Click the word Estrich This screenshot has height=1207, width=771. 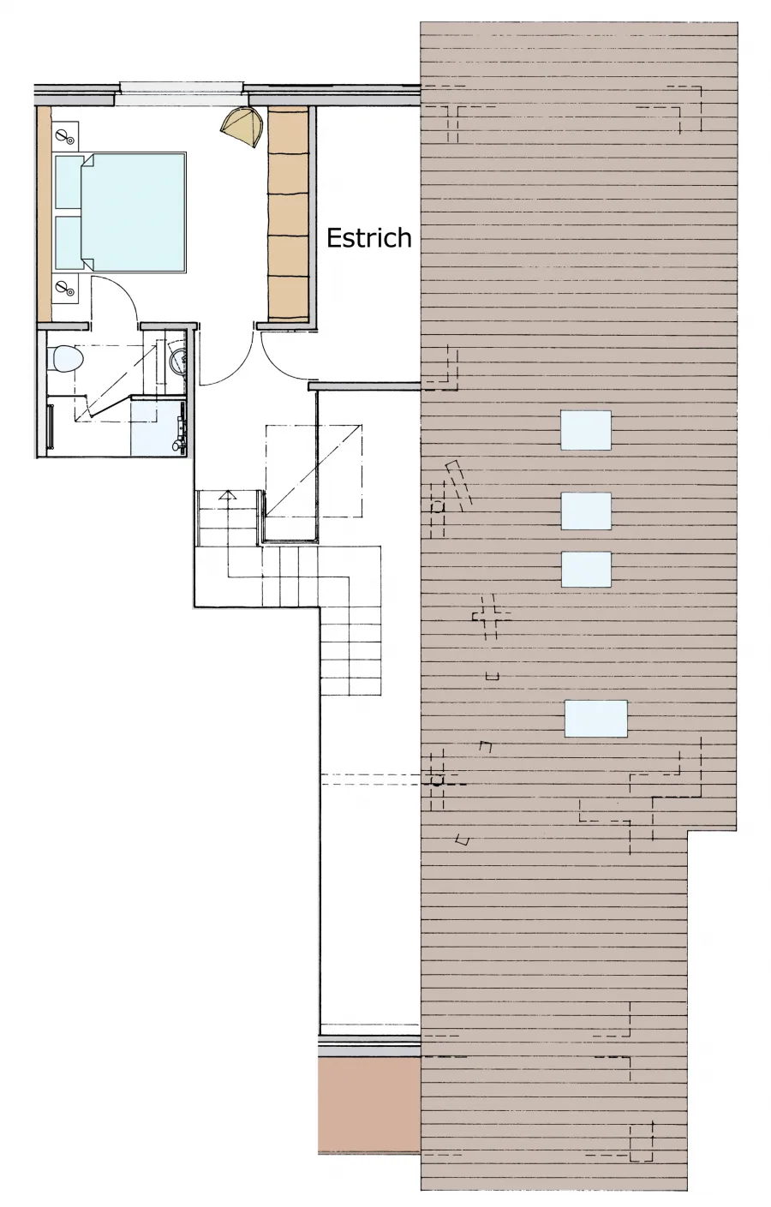pyautogui.click(x=369, y=237)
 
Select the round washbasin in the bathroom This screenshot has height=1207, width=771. pyautogui.click(x=176, y=360)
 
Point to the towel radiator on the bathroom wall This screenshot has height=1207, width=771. pyautogui.click(x=51, y=426)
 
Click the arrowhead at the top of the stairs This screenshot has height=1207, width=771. pyautogui.click(x=229, y=494)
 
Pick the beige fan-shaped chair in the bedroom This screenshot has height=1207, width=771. pyautogui.click(x=241, y=126)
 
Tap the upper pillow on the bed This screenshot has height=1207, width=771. pyautogui.click(x=69, y=182)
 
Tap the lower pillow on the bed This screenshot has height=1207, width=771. pyautogui.click(x=69, y=242)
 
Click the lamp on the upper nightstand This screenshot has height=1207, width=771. pyautogui.click(x=65, y=137)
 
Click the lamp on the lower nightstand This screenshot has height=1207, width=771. pyautogui.click(x=65, y=288)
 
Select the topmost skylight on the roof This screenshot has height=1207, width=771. pyautogui.click(x=586, y=430)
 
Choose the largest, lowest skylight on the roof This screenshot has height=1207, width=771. pyautogui.click(x=596, y=718)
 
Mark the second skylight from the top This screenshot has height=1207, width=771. pyautogui.click(x=586, y=511)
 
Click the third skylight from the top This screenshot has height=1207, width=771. pyautogui.click(x=586, y=570)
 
